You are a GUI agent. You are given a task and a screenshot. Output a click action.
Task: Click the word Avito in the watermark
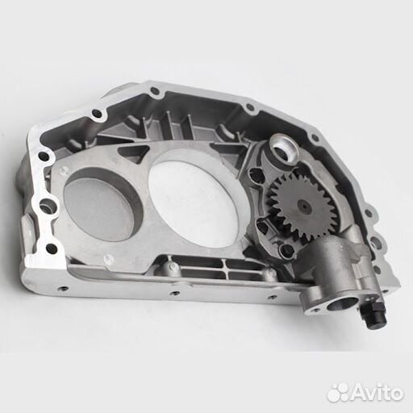[x=377, y=393]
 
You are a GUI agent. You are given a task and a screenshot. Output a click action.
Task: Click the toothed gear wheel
[x=302, y=206]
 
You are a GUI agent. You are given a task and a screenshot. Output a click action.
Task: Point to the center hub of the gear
[x=304, y=206]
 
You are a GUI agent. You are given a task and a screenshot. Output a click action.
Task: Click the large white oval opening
[x=194, y=198]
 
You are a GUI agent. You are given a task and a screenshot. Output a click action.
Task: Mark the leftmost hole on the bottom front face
[x=62, y=289]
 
